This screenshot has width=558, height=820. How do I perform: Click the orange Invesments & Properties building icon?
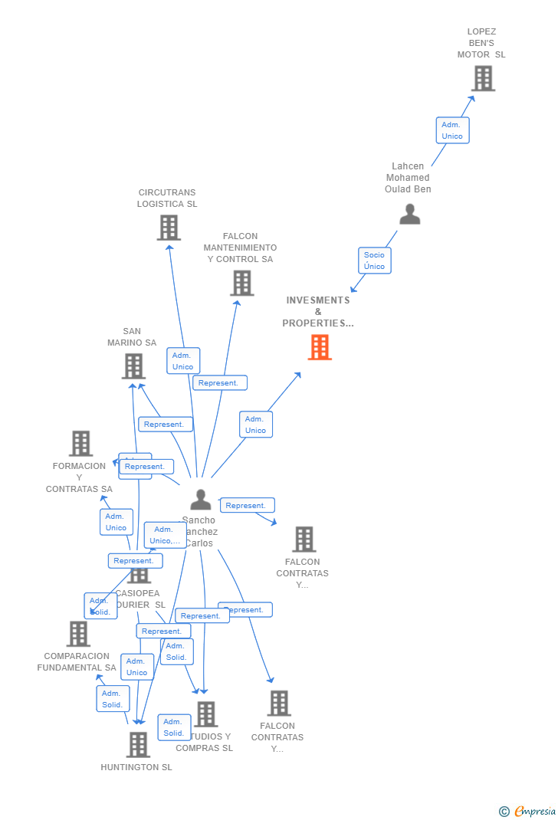[x=320, y=347]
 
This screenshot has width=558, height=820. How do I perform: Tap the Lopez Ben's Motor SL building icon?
[x=483, y=78]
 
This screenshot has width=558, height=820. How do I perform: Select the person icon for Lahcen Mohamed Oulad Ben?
[x=410, y=215]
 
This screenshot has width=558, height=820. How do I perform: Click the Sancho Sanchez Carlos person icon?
[x=201, y=500]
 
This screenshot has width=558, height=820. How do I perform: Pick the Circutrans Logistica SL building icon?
[x=169, y=228]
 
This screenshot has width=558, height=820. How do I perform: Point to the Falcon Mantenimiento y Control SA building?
[x=242, y=283]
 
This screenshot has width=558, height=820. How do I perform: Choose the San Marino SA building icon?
[x=133, y=366]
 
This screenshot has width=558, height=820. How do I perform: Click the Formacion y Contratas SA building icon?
[x=80, y=443]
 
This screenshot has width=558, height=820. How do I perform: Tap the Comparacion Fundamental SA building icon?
[x=78, y=634]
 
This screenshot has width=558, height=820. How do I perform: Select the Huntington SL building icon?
[x=138, y=744]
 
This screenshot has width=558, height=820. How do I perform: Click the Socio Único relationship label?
[x=375, y=261]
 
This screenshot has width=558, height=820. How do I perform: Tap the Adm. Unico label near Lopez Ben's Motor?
[x=452, y=130]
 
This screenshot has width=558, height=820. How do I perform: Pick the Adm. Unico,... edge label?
[x=166, y=535]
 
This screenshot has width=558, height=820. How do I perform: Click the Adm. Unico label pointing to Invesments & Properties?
[x=256, y=425]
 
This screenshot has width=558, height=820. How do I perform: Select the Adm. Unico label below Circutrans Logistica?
[x=183, y=361]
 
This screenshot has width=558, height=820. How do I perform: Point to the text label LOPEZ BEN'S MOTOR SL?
[x=481, y=43]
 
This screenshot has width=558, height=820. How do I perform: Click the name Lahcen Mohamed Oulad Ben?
[x=408, y=178]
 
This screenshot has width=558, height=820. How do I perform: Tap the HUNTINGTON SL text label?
[x=136, y=767]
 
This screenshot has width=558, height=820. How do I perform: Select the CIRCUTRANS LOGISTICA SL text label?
[x=167, y=198]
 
